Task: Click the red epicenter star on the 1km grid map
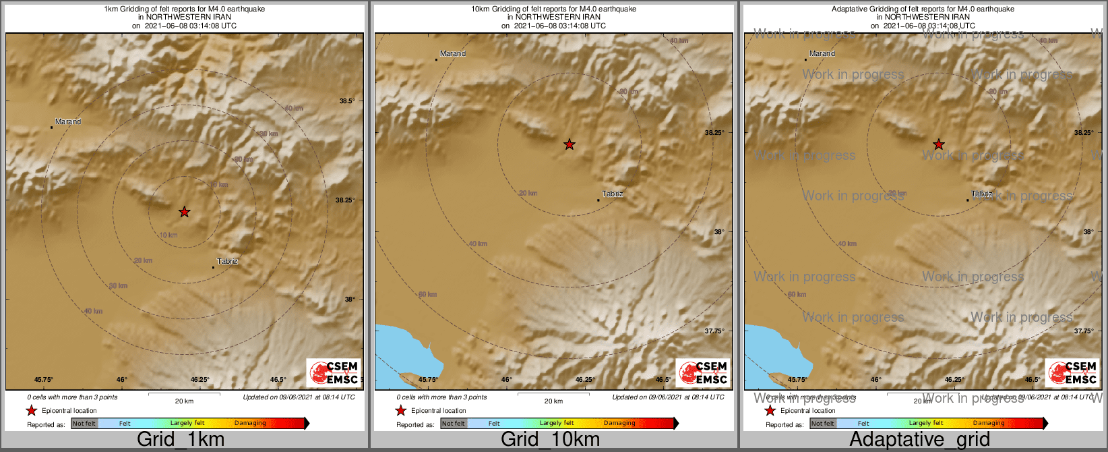184,212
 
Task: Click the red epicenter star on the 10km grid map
570,144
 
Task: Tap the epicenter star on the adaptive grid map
938,144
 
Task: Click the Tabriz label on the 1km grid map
227,261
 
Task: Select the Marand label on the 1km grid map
68,122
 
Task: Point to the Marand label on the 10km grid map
453,53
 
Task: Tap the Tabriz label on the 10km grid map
613,194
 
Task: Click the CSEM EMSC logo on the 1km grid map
334,372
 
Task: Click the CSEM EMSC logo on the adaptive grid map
1073,372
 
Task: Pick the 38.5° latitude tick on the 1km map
347,101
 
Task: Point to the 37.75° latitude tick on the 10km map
714,331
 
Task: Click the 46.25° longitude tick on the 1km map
199,380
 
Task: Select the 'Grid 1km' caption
181,440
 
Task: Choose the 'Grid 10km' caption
550,440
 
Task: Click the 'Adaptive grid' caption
919,440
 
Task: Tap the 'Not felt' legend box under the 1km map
84,424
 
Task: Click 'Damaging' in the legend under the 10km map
619,424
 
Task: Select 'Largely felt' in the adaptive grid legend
926,424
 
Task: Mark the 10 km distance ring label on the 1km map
168,235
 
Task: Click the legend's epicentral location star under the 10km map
400,411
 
